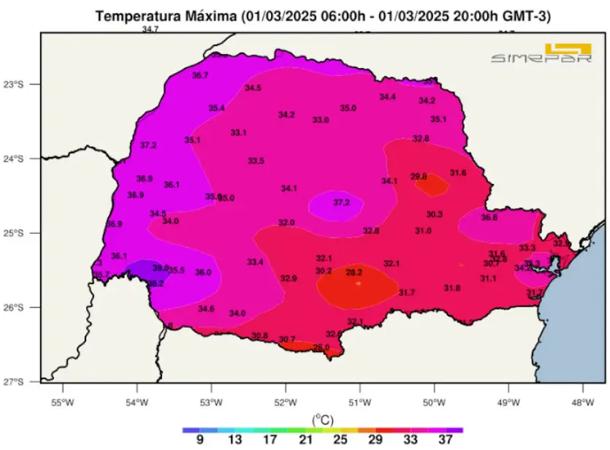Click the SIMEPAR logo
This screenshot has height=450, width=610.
(x=541, y=55)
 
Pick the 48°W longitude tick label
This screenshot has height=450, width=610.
(x=582, y=402)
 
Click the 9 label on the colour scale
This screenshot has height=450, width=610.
(x=198, y=440)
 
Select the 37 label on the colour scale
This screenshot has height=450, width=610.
(x=446, y=440)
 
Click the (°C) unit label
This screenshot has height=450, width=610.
(x=322, y=419)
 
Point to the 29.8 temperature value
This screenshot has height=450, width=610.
(x=419, y=177)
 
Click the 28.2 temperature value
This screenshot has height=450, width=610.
(x=354, y=272)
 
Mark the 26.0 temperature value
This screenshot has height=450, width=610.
(x=321, y=347)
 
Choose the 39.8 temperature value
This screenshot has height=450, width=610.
(x=161, y=268)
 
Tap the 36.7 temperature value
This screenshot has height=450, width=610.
(x=200, y=75)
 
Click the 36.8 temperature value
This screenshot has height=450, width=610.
(x=489, y=218)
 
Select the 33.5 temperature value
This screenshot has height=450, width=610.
(x=256, y=161)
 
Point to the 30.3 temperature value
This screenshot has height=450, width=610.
(x=435, y=215)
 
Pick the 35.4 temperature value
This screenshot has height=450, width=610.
(x=216, y=108)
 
